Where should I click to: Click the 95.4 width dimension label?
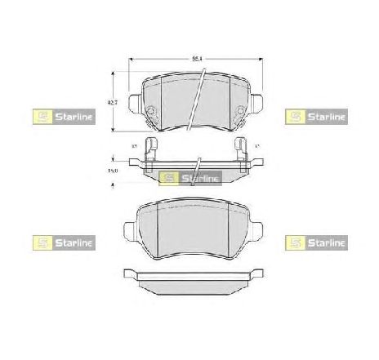click(x=195, y=59)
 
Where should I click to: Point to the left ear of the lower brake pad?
click(x=130, y=229)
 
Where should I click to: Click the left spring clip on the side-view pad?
click(x=149, y=149)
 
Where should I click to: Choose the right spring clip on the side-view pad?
click(x=240, y=149)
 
